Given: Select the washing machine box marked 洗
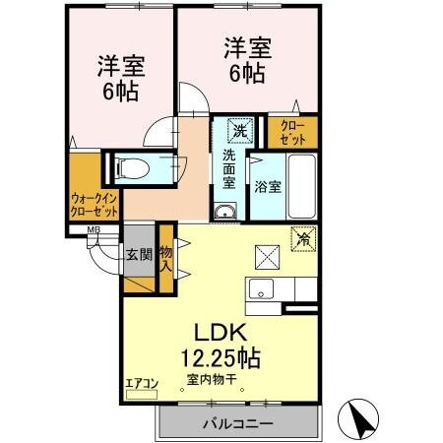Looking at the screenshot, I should coord(239,129).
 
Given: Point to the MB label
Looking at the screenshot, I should coord(94,231).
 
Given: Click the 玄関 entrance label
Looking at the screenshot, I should coord(138,254).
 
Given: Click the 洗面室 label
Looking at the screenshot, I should coord(228,167).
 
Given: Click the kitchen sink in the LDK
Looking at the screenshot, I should coord(261,289).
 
